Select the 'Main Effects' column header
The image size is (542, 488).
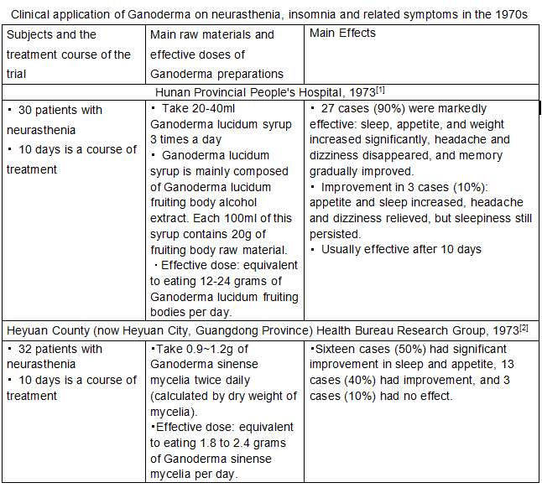coord(343,34)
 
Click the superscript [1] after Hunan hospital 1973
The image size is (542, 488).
coord(381,88)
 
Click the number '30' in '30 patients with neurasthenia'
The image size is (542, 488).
coord(25,110)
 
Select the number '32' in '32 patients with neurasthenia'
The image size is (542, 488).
coord(25,349)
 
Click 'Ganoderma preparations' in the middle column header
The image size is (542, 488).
coord(217,73)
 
